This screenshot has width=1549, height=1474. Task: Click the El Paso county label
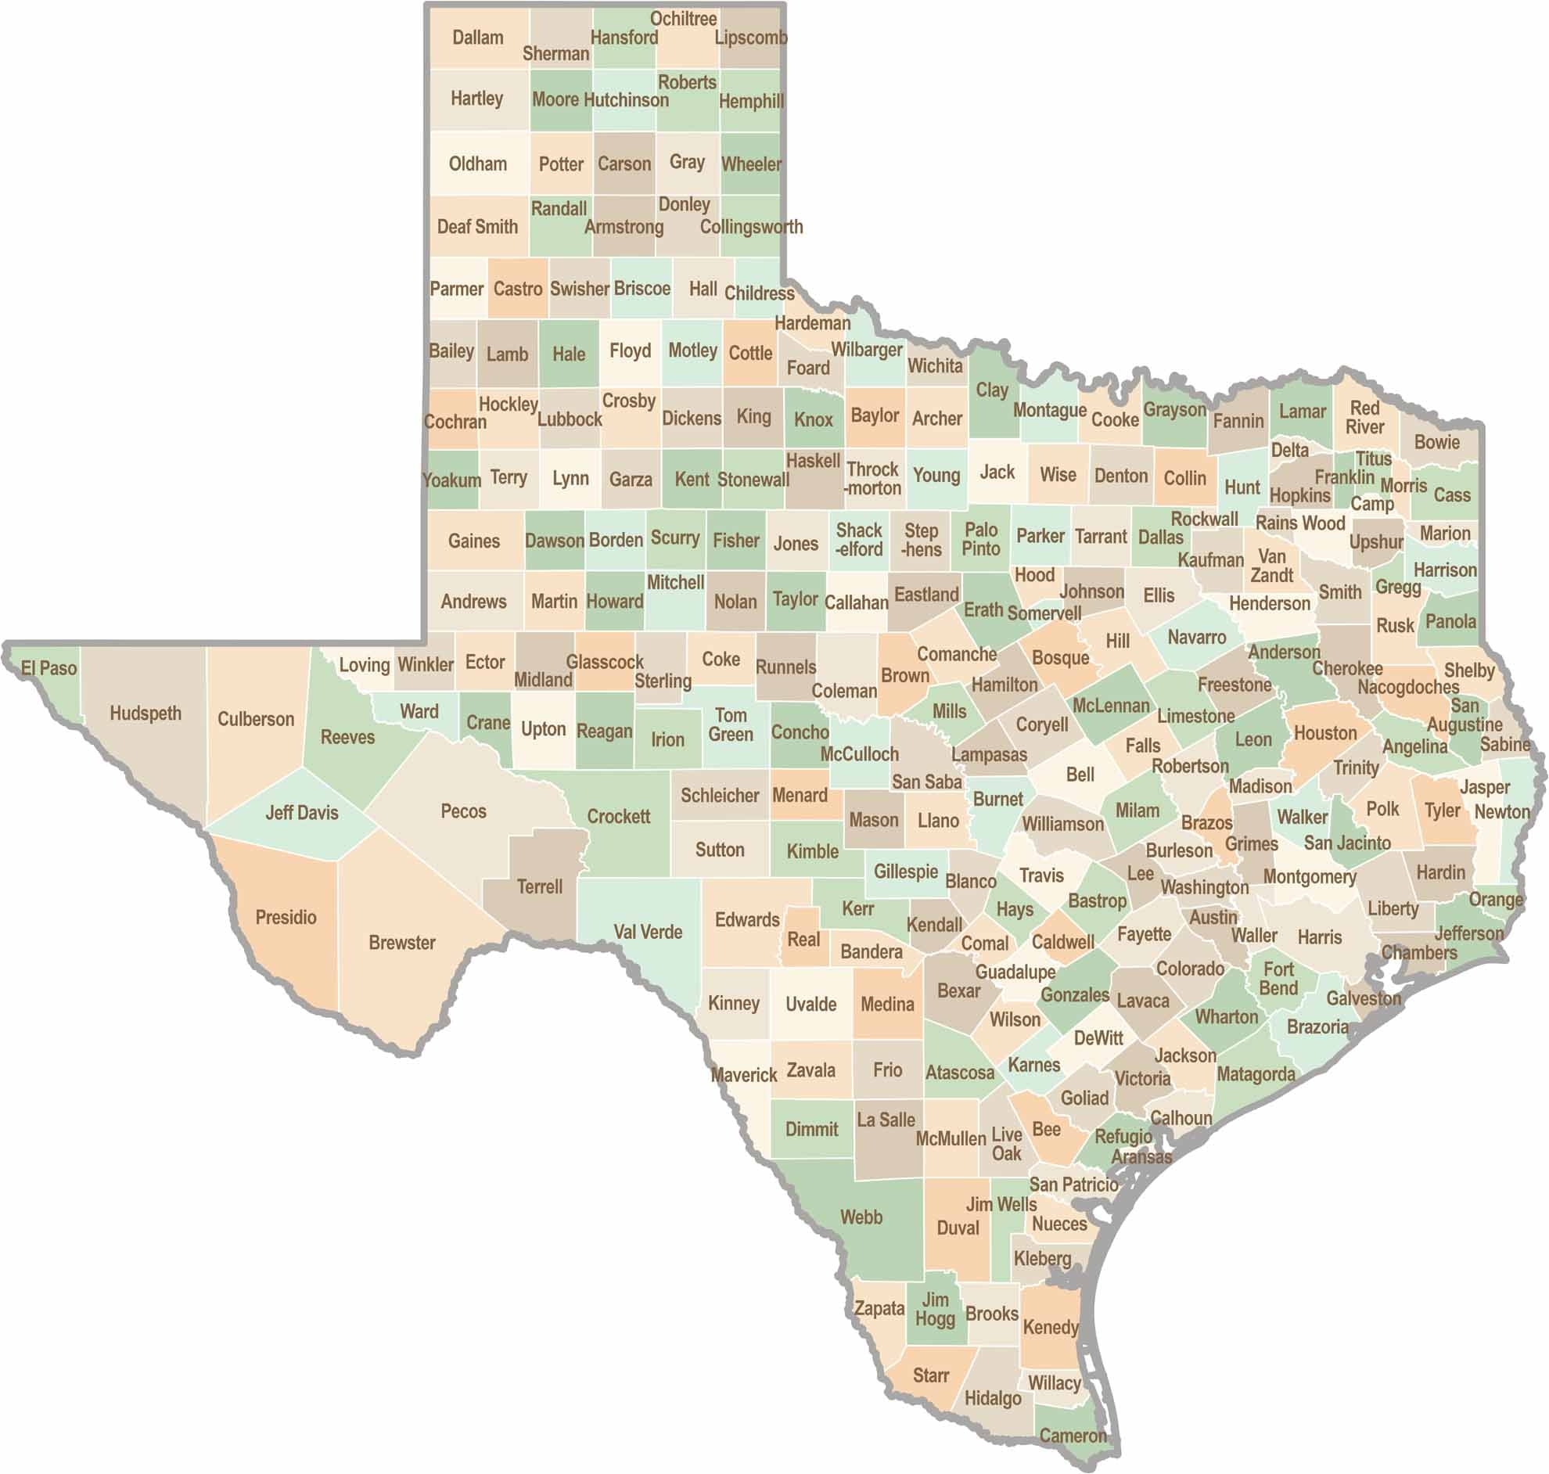coord(49,669)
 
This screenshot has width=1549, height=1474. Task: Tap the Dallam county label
coord(477,38)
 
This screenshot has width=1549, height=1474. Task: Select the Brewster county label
coord(401,942)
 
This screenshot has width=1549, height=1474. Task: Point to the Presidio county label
coord(286,917)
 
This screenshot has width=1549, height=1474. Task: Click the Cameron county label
coord(1073,1436)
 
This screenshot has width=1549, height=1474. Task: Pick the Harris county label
coord(1320,937)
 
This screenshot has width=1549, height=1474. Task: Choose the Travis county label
coord(1040,875)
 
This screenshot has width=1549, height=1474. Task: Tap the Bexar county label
coord(958,990)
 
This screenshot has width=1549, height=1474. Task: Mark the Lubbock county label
coord(570,419)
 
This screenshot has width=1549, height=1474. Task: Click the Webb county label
coord(861,1217)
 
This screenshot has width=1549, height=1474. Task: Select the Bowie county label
coord(1436,441)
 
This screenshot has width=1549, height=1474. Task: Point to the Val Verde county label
coord(647,932)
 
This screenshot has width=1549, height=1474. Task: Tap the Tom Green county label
coord(731,724)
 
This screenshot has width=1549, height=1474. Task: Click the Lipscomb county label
coord(751,38)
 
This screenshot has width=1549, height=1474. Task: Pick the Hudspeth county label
coord(146,714)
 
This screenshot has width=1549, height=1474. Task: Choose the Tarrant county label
coord(1101,537)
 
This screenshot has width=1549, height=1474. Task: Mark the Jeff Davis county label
coord(302,812)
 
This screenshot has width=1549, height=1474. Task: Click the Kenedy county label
coord(1050,1327)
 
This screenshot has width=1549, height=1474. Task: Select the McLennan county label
coord(1111,706)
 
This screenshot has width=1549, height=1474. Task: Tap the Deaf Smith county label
coord(477,227)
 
